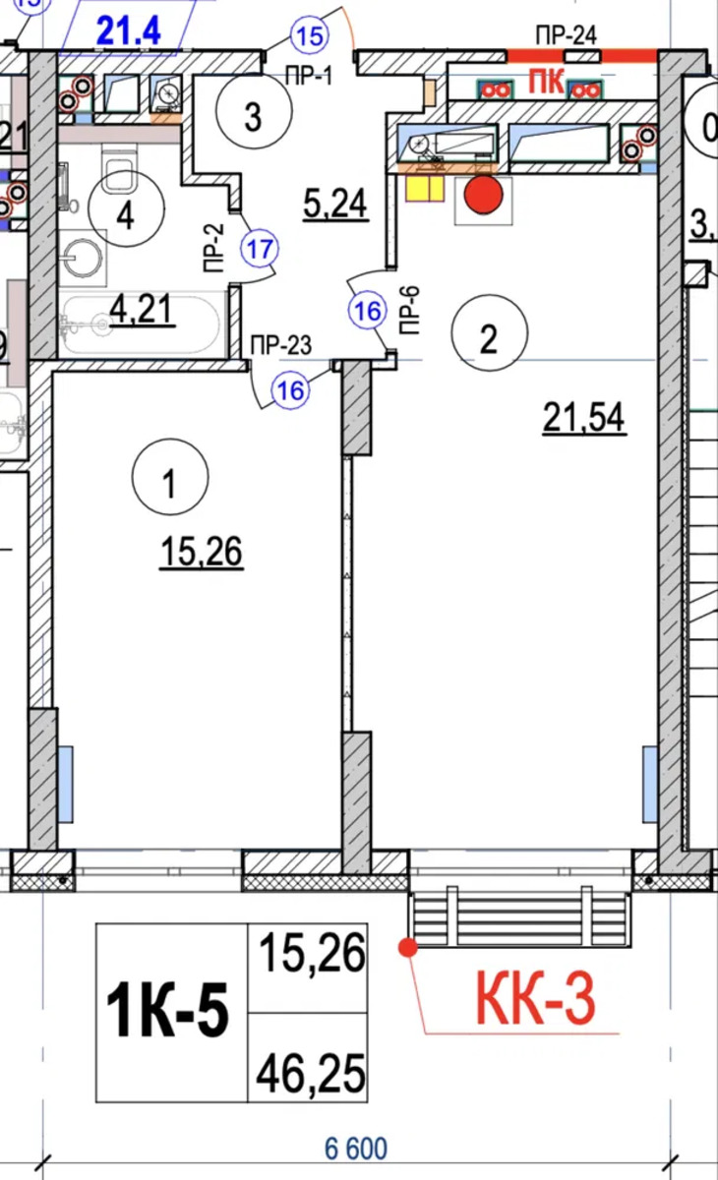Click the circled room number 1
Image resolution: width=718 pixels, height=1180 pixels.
[169, 477]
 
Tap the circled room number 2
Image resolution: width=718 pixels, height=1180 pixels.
[489, 332]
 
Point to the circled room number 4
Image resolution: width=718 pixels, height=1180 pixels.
[126, 209]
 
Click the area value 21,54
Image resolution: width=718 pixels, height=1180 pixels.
[583, 418]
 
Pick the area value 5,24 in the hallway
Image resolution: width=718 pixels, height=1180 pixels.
[335, 204]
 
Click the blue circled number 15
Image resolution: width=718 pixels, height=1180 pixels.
[310, 36]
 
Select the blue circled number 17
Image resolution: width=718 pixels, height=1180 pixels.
[260, 249]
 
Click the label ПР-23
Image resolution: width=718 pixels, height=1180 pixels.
[280, 345]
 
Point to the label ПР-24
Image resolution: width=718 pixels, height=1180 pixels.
[566, 35]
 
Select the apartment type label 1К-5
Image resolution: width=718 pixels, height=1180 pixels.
[167, 1009]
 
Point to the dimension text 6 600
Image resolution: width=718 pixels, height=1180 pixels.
[356, 1148]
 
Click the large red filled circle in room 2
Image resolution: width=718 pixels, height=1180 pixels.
[483, 195]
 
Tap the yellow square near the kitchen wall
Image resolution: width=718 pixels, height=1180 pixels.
[424, 188]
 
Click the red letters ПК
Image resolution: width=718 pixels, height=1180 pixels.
[546, 83]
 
